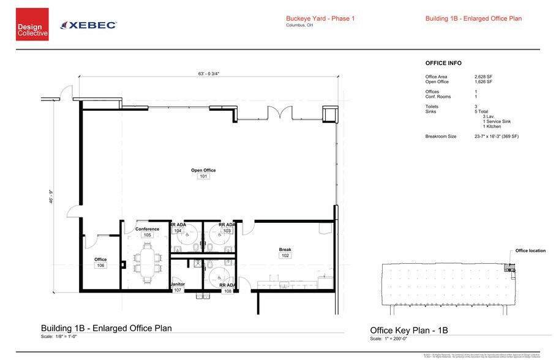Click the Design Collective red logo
(32, 24)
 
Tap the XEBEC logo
(89, 24)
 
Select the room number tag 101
(203, 176)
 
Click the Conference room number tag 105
(147, 235)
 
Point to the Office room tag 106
(100, 266)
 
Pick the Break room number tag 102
(285, 255)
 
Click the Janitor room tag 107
(178, 290)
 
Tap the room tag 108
(227, 291)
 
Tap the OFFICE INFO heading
(443, 63)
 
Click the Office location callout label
(530, 251)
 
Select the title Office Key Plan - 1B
(409, 330)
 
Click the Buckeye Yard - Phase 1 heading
(320, 18)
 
